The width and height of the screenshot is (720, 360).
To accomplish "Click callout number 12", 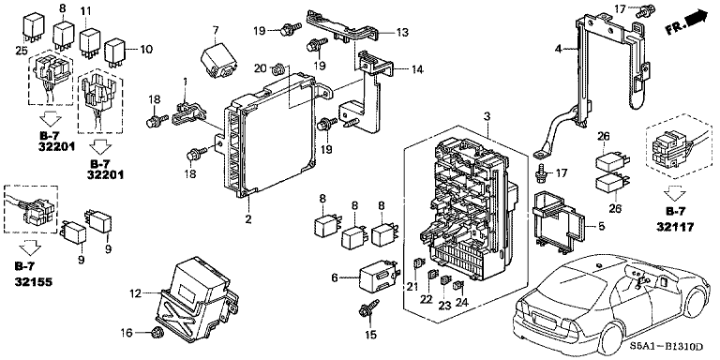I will [136, 293].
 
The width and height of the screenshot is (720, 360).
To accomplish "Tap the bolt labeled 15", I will [362, 310].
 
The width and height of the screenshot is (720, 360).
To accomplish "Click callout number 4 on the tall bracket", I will [557, 49].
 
